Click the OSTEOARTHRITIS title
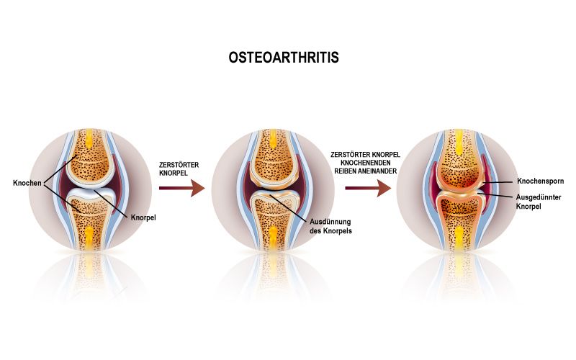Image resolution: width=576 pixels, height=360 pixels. pyautogui.click(x=284, y=58)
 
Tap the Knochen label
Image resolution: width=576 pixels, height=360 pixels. pyautogui.click(x=27, y=183)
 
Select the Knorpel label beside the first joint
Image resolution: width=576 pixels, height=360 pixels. pyautogui.click(x=143, y=217)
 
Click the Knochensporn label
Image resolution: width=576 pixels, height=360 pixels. pyautogui.click(x=541, y=181)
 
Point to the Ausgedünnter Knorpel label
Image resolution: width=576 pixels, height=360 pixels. pyautogui.click(x=539, y=202)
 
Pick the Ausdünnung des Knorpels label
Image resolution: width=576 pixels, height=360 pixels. pyautogui.click(x=330, y=226)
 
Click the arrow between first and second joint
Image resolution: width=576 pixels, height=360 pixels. pyautogui.click(x=182, y=188)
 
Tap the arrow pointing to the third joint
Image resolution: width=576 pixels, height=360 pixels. pyautogui.click(x=368, y=188)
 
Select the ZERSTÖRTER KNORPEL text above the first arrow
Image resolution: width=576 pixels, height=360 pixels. pyautogui.click(x=179, y=169)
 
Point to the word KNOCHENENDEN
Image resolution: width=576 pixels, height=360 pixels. pyautogui.click(x=366, y=163)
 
